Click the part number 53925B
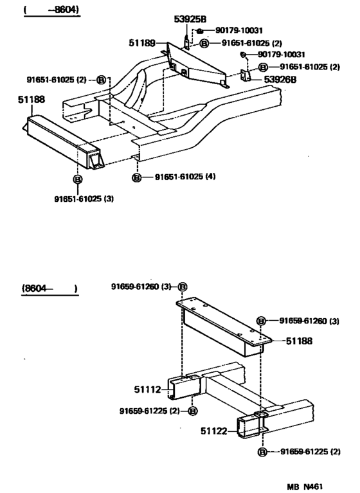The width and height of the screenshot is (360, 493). click(190, 19)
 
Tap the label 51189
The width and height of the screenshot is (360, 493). click(142, 43)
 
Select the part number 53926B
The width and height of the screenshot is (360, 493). click(280, 80)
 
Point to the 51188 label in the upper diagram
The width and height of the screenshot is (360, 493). click(32, 100)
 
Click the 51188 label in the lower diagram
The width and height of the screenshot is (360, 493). click(300, 341)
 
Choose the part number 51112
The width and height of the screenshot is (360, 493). click(147, 390)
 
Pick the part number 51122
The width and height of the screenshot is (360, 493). click(214, 431)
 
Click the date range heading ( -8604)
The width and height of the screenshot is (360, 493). click(51, 10)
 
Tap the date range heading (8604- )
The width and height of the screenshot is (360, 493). click(50, 289)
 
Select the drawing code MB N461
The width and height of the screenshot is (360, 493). click(305, 487)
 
